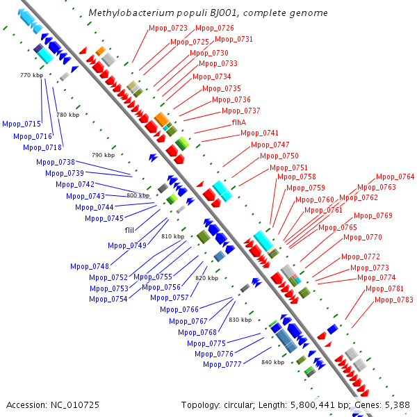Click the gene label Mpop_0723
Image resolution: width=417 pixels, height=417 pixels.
(168, 28)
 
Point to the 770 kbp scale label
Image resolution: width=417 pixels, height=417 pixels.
(31, 75)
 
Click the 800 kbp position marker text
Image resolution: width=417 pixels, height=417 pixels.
(138, 196)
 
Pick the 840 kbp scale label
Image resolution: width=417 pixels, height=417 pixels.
(273, 362)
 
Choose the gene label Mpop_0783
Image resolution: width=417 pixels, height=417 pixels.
(394, 300)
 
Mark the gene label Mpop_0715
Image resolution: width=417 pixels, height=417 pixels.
(22, 124)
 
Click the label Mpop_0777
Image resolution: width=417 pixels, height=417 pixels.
(222, 364)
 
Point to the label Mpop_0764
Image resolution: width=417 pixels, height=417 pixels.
(395, 177)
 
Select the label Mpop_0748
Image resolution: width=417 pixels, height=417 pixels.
(90, 266)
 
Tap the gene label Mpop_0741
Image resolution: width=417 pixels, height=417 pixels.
(259, 133)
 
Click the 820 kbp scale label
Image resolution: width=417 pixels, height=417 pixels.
(206, 278)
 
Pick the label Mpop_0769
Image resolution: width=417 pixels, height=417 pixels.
(373, 215)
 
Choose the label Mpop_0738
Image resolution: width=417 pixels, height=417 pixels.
(56, 162)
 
